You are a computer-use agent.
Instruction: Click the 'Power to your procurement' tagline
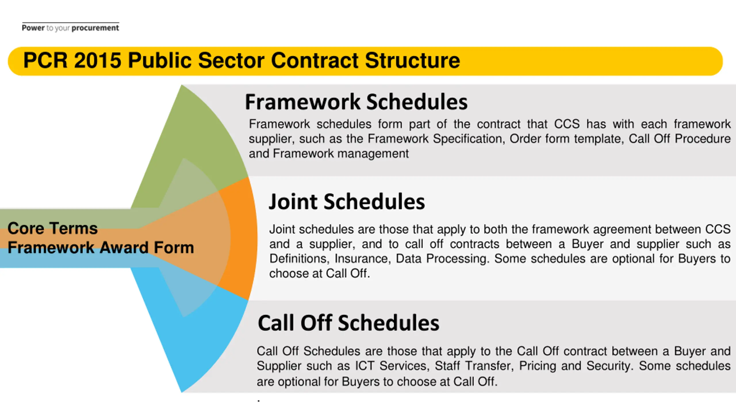[70, 28]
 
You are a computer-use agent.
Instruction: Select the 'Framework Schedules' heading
[356, 102]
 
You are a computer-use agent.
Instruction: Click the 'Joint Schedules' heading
[347, 202]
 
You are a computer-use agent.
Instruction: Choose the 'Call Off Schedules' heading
[348, 323]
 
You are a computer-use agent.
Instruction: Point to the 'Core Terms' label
[53, 228]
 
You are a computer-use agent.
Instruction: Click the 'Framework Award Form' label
[101, 248]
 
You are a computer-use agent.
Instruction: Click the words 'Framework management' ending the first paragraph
[341, 154]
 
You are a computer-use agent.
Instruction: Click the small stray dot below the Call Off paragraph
[259, 401]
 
